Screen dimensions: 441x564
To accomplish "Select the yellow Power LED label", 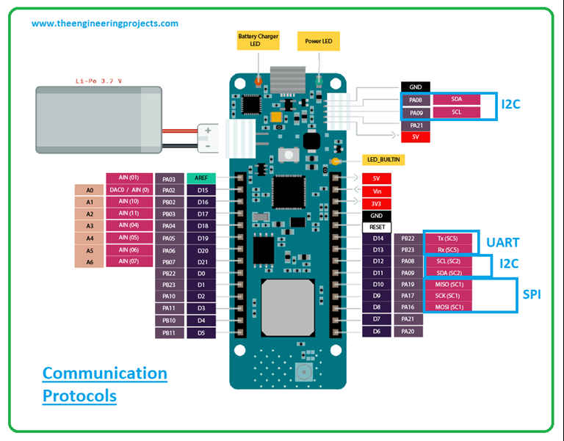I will point(319,41).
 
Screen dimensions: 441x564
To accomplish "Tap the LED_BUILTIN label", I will point(384,159).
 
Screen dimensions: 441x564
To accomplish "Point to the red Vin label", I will point(376,191).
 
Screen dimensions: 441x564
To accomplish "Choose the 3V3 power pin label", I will point(376,203).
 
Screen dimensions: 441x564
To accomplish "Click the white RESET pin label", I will point(376,227).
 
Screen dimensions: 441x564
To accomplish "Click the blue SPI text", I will point(533,294).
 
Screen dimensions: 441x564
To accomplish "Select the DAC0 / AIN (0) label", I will point(129,190).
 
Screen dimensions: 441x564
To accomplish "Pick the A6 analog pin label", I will point(89,262).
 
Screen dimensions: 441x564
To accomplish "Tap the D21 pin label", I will point(203,262).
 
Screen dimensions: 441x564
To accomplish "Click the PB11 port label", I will point(168,332).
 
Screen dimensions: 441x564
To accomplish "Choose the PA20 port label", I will point(409,332).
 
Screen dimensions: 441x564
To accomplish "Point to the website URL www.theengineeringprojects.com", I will point(104,23).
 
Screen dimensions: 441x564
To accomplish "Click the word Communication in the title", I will point(104,373).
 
